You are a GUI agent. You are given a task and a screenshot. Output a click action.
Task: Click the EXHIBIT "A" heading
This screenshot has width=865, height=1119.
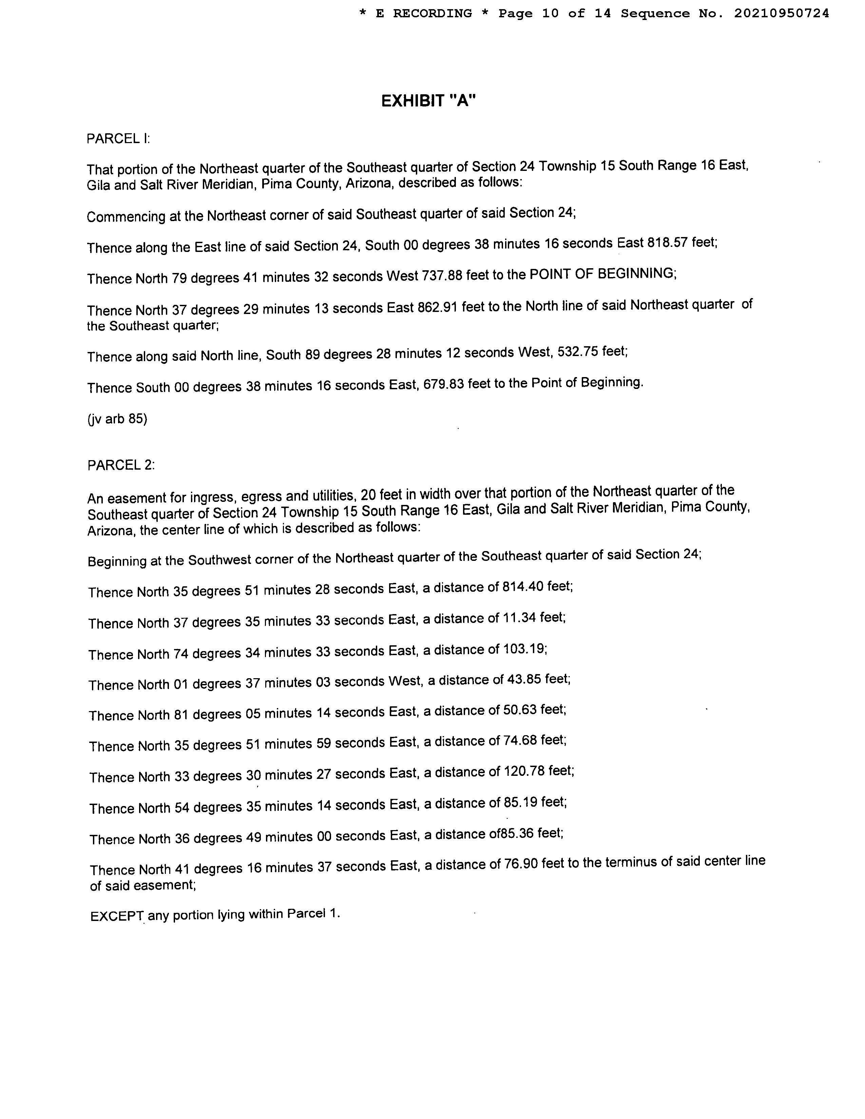(x=428, y=101)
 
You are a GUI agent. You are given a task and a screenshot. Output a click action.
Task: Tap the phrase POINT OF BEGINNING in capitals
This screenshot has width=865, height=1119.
(x=602, y=274)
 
